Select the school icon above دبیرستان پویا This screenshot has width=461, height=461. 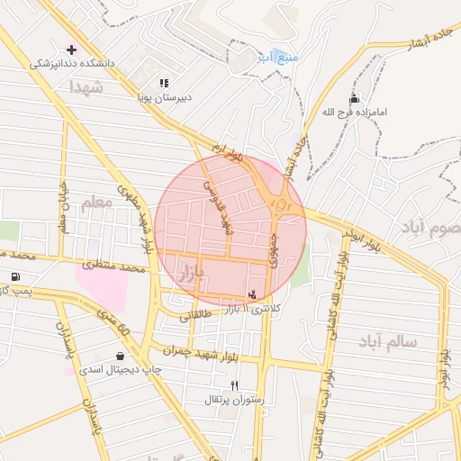[164, 83]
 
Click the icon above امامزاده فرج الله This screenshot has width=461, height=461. [354, 98]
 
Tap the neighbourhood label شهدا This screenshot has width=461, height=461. [86, 87]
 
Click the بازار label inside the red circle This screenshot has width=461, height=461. [184, 270]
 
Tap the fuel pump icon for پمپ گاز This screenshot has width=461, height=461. [14, 276]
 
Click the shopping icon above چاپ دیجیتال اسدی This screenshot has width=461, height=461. [120, 356]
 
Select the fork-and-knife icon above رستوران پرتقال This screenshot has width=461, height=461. [235, 384]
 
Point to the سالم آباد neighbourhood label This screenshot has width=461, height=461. [387, 343]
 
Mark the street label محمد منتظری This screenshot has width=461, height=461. [113, 267]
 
